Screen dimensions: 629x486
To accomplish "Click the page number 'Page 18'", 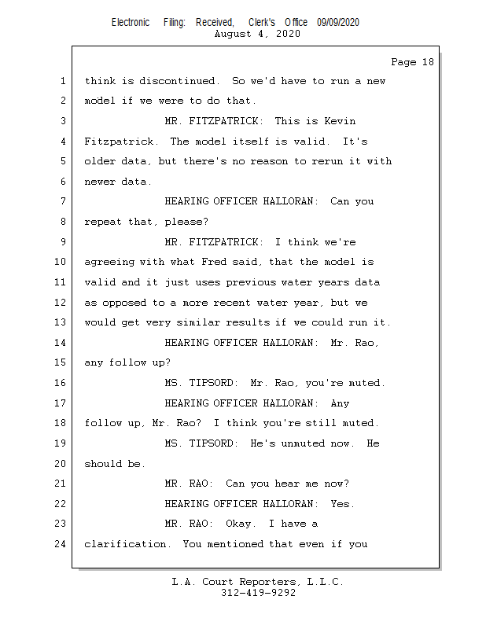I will (x=412, y=62).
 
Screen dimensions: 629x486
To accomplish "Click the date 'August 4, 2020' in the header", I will (x=256, y=34).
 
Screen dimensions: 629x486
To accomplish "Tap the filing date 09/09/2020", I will (x=338, y=23).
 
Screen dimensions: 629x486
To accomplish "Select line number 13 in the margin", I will (x=62, y=322).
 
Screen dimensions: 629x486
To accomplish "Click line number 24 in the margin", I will (x=62, y=543).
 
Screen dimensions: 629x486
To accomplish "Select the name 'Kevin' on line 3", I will (x=340, y=121).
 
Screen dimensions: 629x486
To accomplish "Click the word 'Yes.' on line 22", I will (x=343, y=503).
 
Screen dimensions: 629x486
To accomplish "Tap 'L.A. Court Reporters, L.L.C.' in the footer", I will (x=258, y=582).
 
